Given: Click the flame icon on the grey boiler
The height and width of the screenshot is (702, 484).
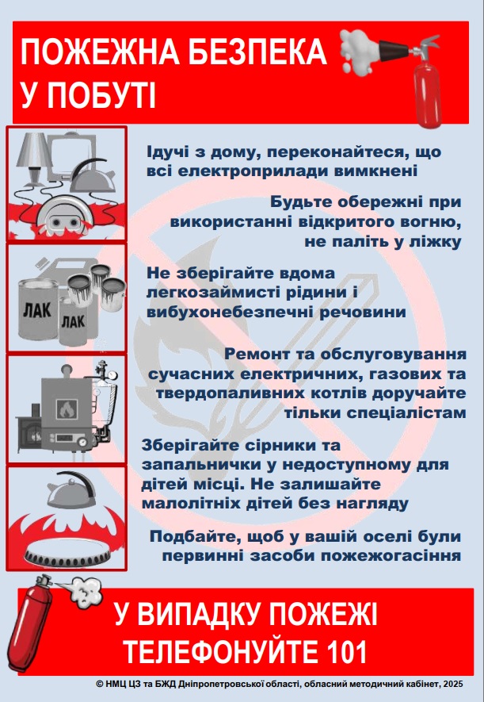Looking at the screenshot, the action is click(x=66, y=409).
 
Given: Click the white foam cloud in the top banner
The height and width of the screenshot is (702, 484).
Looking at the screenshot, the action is click(x=359, y=51).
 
